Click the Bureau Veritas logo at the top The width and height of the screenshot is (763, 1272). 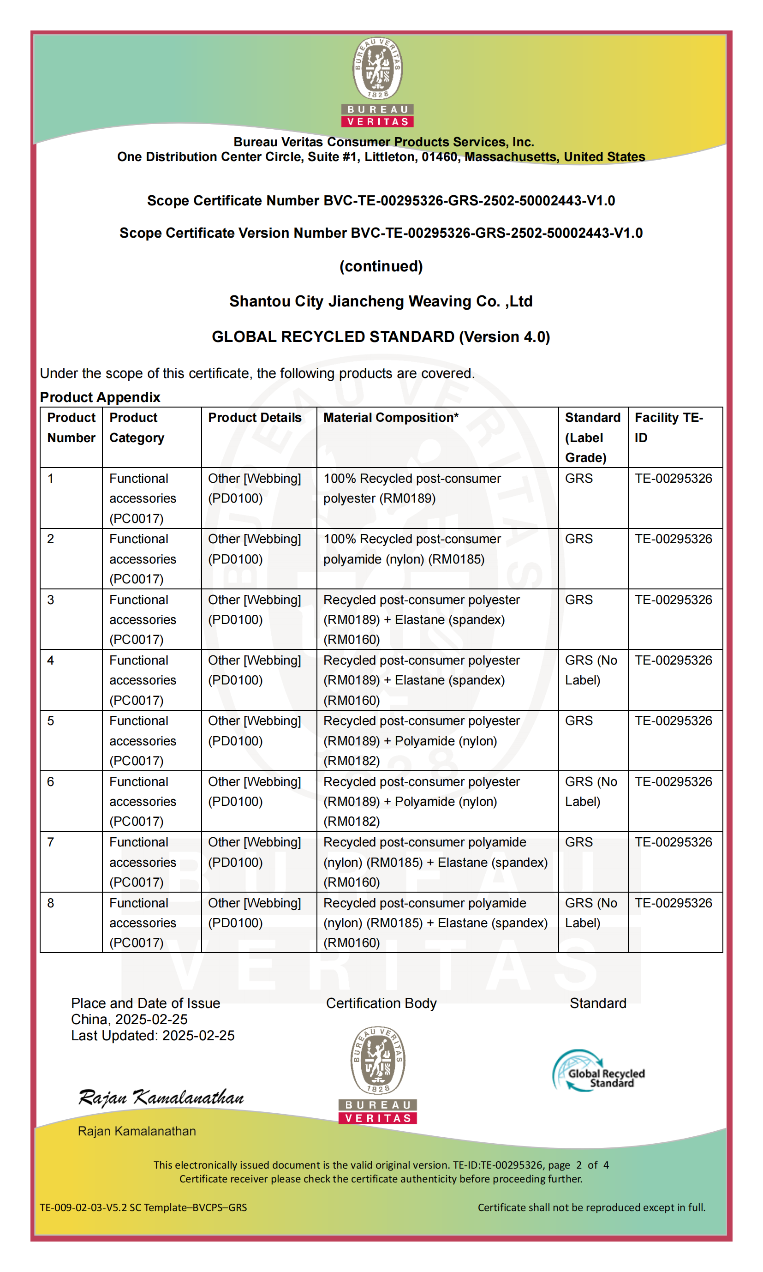point(377,82)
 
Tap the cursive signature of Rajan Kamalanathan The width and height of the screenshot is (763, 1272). point(161,1098)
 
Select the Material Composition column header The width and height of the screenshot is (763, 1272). point(391,418)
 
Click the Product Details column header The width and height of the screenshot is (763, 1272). point(255,418)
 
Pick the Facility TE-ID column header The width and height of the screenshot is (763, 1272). point(668,427)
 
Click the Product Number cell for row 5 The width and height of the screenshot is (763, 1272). point(51,721)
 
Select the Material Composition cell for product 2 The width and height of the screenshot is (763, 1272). point(412,549)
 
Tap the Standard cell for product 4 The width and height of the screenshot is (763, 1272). point(591,670)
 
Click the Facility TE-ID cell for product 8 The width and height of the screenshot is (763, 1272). point(673,903)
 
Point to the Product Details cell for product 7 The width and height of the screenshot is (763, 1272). point(255,852)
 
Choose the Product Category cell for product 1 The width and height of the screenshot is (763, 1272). point(143,498)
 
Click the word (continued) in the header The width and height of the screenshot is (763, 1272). point(381,266)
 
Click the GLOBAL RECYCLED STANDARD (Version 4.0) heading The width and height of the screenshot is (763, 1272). point(381,337)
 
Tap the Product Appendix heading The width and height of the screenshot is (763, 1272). point(100,397)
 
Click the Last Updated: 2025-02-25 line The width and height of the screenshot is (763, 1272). point(153,1035)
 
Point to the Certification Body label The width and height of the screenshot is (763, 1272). point(381,1003)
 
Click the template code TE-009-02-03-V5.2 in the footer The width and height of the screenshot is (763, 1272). point(143,1207)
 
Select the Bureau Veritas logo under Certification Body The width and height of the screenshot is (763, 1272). point(377,1075)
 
